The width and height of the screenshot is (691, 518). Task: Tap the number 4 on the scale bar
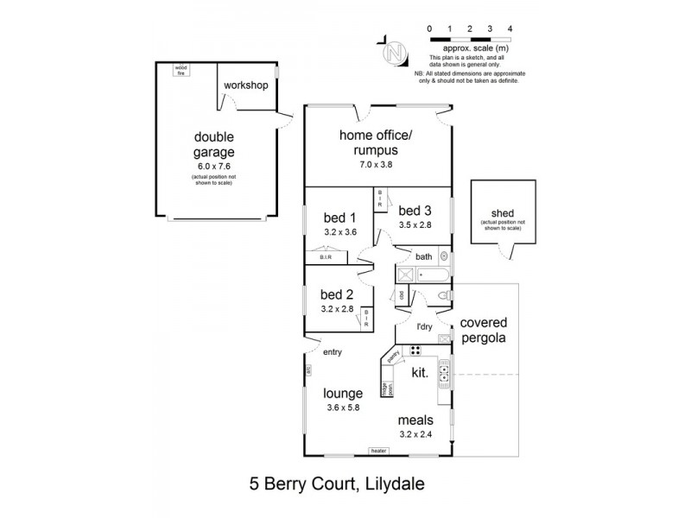click(510, 28)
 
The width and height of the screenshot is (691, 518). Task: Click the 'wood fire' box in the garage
click(181, 70)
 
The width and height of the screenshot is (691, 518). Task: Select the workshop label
click(245, 85)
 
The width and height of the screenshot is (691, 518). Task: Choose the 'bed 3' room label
click(415, 210)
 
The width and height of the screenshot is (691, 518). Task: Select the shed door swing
click(509, 251)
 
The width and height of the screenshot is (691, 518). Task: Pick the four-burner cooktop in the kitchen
click(415, 351)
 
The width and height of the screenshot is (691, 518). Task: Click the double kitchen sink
click(445, 374)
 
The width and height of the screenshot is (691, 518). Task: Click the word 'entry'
click(333, 352)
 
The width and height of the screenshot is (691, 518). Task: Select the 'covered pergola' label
click(484, 330)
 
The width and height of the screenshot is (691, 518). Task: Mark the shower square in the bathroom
click(404, 275)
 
